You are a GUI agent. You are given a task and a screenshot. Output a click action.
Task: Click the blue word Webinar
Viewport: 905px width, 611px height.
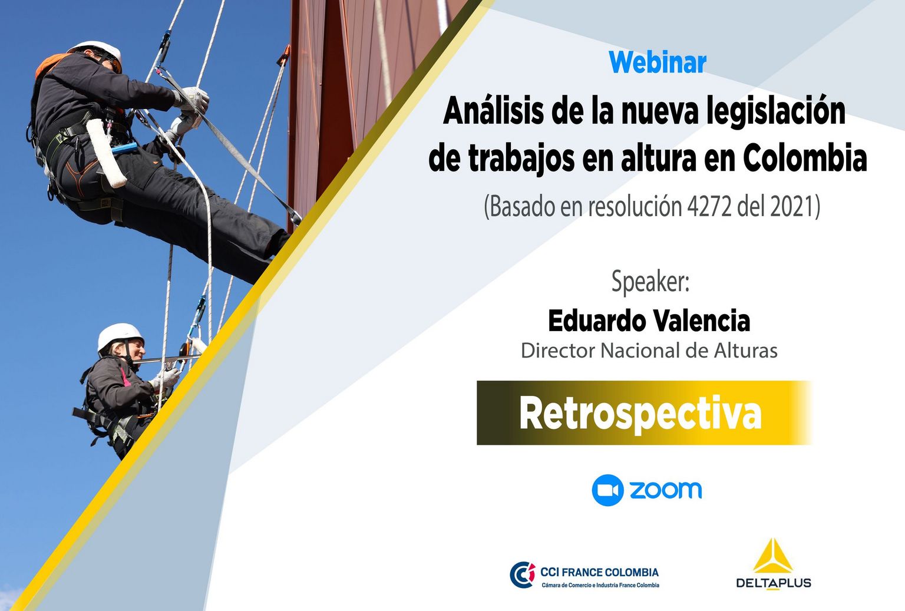pyautogui.click(x=658, y=62)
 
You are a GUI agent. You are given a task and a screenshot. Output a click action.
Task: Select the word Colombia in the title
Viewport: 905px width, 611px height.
pyautogui.click(x=805, y=158)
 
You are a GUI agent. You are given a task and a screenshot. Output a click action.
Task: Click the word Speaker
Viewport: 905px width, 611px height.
pyautogui.click(x=650, y=282)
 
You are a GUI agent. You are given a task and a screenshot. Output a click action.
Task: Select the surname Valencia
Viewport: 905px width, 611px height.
pyautogui.click(x=702, y=321)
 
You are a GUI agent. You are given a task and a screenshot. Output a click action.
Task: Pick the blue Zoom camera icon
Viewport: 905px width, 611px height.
pyautogui.click(x=607, y=490)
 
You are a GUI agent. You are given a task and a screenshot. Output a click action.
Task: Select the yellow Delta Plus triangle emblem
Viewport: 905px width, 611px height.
pyautogui.click(x=773, y=556)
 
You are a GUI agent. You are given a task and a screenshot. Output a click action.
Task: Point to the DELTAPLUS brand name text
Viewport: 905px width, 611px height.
pyautogui.click(x=773, y=583)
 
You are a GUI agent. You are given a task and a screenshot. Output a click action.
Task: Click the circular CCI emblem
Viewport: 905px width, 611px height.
pyautogui.click(x=523, y=574)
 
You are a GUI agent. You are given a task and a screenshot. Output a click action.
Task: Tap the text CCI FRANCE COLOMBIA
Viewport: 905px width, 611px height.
pyautogui.click(x=600, y=572)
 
